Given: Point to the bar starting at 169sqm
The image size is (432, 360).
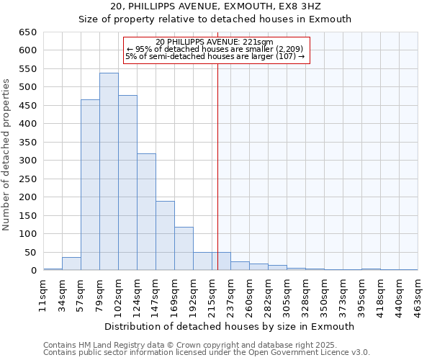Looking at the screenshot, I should point(184,248).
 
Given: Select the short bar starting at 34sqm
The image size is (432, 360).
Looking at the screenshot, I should point(71,264).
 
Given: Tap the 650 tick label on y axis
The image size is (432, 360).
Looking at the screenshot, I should point(28,32).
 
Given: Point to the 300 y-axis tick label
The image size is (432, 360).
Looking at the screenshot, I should point(28,161).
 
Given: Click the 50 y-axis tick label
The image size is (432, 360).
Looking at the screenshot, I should point(31,253).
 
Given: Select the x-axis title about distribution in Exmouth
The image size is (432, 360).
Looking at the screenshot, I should point(230,326).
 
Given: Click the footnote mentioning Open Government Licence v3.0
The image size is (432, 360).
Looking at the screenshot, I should point(207,353).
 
